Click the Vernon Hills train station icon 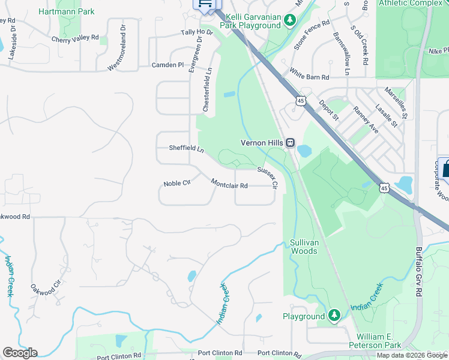[x=290, y=143]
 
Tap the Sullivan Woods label [x=304, y=247]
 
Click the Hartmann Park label [x=67, y=11]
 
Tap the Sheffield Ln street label [x=186, y=148]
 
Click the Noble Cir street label [x=176, y=183]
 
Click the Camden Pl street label [x=167, y=65]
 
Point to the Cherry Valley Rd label [x=75, y=38]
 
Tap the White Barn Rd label [x=309, y=77]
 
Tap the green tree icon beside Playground [x=334, y=316]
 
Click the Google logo [x=20, y=353]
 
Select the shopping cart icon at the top [x=204, y=4]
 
